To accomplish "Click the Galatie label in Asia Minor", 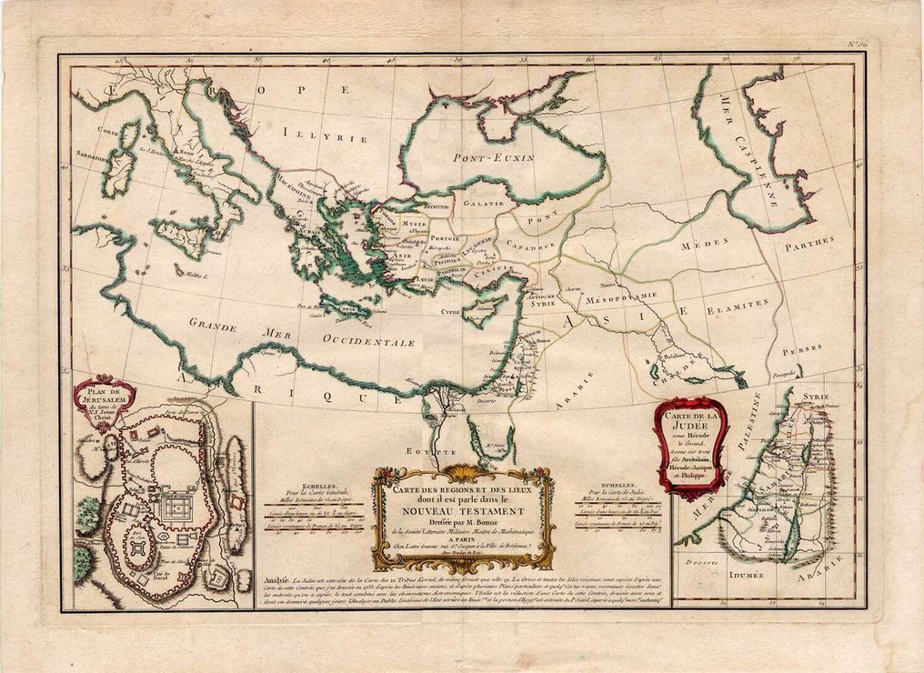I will click(483, 204).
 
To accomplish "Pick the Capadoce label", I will click(532, 246).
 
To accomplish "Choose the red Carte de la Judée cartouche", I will click(690, 443).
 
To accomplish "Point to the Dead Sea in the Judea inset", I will click(790, 537).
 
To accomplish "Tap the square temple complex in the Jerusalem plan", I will click(178, 506).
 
